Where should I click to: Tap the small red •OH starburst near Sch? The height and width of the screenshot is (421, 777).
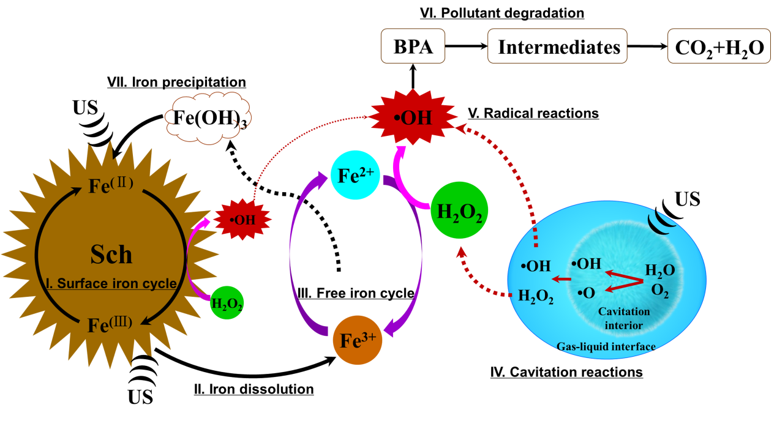pyautogui.click(x=242, y=219)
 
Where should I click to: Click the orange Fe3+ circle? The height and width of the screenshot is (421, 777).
pyautogui.click(x=358, y=340)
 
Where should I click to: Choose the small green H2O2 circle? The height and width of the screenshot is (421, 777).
pyautogui.click(x=227, y=303)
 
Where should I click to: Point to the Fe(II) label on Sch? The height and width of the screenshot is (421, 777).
pyautogui.click(x=111, y=184)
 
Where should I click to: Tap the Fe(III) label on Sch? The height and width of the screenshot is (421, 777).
pyautogui.click(x=110, y=323)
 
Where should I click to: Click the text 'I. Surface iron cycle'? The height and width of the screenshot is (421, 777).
pyautogui.click(x=111, y=284)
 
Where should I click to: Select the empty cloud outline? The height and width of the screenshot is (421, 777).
pyautogui.click(x=208, y=119)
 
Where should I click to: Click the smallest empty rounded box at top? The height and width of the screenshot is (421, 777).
pyautogui.click(x=413, y=46)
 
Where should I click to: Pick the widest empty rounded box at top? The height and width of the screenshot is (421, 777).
pyautogui.click(x=557, y=46)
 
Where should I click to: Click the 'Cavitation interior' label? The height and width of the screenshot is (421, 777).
pyautogui.click(x=624, y=318)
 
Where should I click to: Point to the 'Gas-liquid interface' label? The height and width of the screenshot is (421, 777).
pyautogui.click(x=606, y=346)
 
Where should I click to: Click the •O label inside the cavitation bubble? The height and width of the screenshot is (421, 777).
pyautogui.click(x=586, y=293)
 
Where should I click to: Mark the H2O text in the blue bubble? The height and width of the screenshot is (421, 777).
pyautogui.click(x=660, y=270)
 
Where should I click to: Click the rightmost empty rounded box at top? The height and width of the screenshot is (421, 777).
pyautogui.click(x=718, y=46)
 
